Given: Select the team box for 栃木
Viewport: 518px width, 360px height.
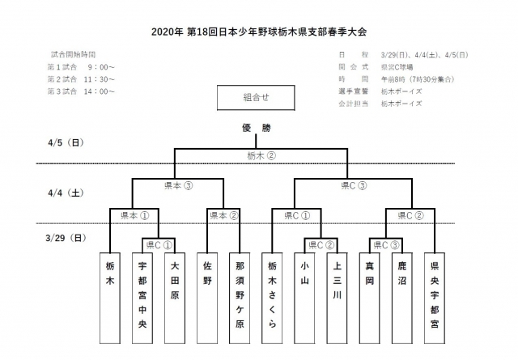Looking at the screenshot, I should point(110,295).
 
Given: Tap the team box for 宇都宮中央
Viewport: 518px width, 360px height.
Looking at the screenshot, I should point(142,295).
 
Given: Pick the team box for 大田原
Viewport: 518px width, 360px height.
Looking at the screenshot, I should point(174,295).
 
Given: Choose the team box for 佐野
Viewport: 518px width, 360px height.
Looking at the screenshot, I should point(207,295).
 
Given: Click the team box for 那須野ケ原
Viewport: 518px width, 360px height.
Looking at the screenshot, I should point(239,295).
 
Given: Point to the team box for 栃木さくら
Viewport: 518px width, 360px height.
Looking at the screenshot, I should point(273,295).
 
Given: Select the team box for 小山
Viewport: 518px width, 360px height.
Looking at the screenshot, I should point(305,295).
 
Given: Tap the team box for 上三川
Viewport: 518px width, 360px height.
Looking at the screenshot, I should point(337,295).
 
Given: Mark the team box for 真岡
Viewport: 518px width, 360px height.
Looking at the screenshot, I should point(370,295).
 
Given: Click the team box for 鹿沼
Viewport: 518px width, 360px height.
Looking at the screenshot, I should point(402,295).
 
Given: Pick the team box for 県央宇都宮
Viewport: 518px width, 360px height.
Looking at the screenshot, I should point(435,295).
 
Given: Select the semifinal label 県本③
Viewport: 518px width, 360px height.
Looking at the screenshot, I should point(178,185).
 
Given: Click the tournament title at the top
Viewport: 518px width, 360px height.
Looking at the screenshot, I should point(259,32).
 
